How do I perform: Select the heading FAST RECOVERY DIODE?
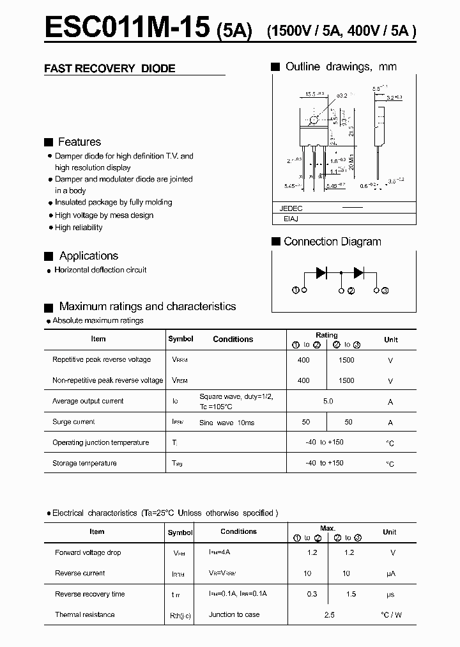109,68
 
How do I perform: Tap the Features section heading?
79,142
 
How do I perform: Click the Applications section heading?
88,256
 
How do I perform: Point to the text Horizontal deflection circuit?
100,270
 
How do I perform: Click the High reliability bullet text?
79,228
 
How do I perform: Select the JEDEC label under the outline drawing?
291,208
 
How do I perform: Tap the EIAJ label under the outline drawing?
291,219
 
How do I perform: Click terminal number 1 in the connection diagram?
296,291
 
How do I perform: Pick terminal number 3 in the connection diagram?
385,291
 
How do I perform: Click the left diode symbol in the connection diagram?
321,272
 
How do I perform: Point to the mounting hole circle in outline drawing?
314,120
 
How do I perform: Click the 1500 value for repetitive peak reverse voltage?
346,360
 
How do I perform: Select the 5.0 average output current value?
328,401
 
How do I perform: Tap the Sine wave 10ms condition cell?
227,423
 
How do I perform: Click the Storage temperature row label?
84,463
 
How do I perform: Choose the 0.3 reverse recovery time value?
312,594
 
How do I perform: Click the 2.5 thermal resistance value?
328,615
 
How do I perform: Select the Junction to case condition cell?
234,614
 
